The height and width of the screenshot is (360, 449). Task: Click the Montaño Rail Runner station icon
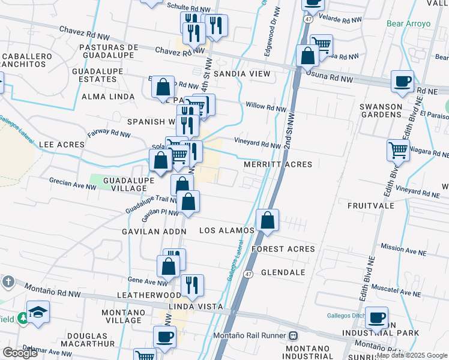294,336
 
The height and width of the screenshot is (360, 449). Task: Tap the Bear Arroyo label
409,24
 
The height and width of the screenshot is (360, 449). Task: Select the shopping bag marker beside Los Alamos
268,220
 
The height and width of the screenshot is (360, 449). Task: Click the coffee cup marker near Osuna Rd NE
402,81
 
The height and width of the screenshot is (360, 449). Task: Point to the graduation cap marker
38,312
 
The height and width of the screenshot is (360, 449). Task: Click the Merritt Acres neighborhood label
278,164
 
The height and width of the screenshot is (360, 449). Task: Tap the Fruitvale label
370,205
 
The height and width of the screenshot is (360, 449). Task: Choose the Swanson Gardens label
380,111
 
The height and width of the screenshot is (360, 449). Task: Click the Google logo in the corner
20,353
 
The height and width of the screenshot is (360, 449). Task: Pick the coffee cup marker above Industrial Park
376,317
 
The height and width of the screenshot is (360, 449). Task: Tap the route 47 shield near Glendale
248,274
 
